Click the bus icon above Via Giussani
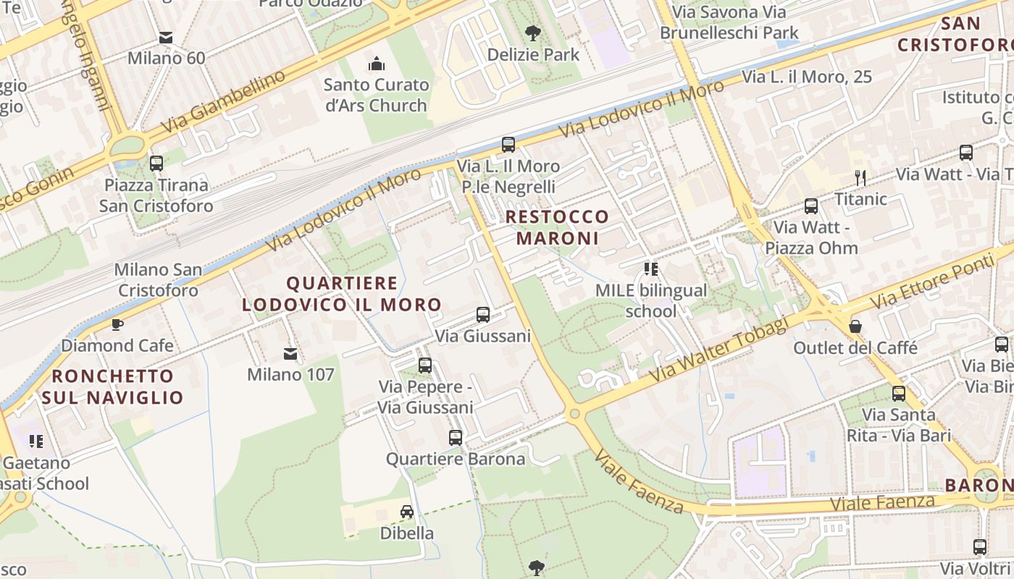[x=483, y=315]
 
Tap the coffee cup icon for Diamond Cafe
[x=117, y=324]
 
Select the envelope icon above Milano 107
[x=290, y=354]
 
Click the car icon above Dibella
[x=407, y=512]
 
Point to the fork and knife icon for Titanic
[x=860, y=177]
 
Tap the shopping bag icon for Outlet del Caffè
[x=855, y=326]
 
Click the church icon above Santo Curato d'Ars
[x=376, y=64]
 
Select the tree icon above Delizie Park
[x=533, y=33]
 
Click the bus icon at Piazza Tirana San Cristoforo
[x=156, y=164]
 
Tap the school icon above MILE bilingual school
[x=650, y=269]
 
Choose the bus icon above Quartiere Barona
[x=455, y=437]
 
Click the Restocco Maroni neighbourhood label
[x=557, y=227]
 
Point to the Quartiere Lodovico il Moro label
[x=342, y=294]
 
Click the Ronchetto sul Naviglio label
[x=112, y=386]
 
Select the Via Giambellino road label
[x=223, y=102]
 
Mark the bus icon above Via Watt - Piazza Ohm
[x=811, y=206]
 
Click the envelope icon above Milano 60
[x=166, y=38]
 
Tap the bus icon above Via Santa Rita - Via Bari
[x=899, y=394]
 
